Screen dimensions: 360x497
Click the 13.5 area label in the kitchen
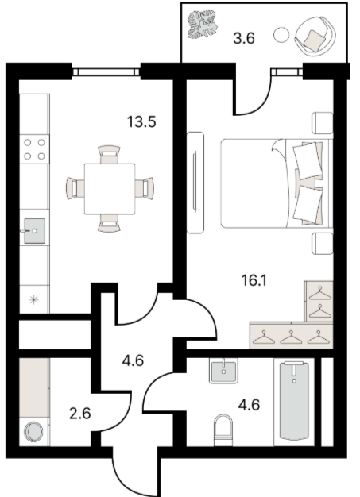pos(141,121)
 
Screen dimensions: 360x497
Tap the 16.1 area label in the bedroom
pos(254,280)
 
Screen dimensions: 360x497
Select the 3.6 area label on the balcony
pos(244,38)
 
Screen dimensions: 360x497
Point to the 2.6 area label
pos(80,414)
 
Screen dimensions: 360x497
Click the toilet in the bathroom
pos(223,430)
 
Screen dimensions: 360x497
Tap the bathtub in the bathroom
pos(294,401)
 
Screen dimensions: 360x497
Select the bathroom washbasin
pos(223,371)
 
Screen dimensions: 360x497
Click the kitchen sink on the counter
pos(34,231)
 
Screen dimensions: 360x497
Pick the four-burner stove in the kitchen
pos(35,149)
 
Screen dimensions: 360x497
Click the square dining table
pos(110,189)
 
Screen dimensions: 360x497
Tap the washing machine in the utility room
pos(34,431)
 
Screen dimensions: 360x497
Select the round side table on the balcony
pos(281,35)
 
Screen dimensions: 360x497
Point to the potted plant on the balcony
pos(203,25)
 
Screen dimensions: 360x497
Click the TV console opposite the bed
pos(195,183)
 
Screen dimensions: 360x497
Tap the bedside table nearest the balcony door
pos(323,123)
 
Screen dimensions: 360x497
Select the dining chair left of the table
pos(75,189)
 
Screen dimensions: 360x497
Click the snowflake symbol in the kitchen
pos(34,300)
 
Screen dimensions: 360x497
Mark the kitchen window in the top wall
pos(106,72)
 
